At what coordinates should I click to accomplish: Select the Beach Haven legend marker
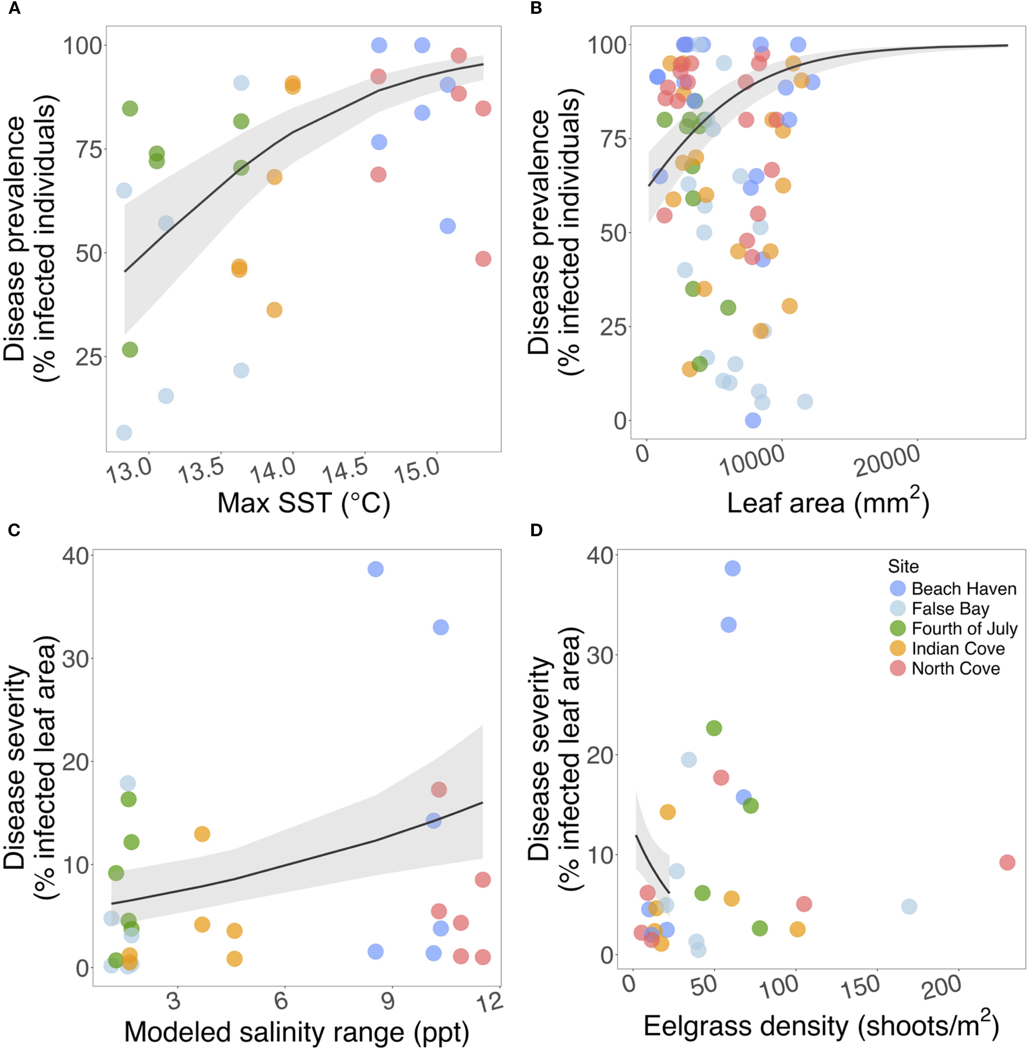pos(898,588)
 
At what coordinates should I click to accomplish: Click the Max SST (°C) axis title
pos(304,503)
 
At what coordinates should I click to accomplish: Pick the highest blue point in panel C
pos(376,569)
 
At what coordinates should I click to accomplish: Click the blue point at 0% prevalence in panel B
pos(753,420)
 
